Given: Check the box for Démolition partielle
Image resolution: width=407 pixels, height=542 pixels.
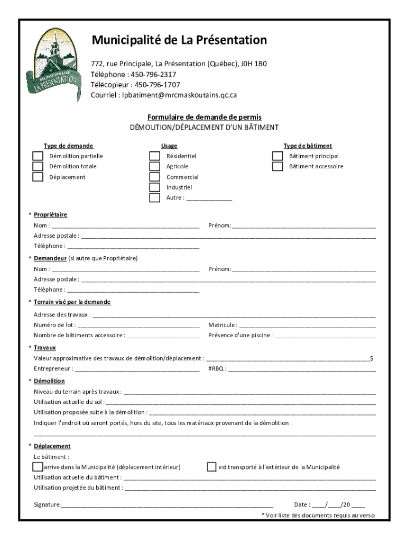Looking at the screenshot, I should [x=38, y=156].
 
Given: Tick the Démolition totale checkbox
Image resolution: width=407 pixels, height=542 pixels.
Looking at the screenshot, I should [x=38, y=166].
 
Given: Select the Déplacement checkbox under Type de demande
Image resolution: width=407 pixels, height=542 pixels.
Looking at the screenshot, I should [x=38, y=177].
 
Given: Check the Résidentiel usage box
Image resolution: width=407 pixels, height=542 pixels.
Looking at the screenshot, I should [x=154, y=156].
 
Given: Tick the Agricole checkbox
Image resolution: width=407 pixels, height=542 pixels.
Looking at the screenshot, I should [x=154, y=166].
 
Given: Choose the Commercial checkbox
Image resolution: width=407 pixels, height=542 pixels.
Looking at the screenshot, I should [x=154, y=177].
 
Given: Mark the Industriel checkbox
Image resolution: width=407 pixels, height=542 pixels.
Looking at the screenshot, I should [x=154, y=187].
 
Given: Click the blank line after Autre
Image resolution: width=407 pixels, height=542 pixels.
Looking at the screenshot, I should [x=209, y=198].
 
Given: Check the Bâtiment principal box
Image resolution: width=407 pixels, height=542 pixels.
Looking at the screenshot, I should [x=277, y=156].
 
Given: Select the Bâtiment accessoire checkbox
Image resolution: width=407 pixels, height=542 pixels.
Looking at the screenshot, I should [x=277, y=166].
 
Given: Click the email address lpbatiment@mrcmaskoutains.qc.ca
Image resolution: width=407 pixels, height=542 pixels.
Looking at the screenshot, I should [x=180, y=95].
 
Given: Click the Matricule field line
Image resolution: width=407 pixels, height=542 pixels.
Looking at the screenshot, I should [x=308, y=326].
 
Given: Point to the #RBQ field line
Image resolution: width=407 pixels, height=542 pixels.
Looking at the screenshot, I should [x=302, y=369].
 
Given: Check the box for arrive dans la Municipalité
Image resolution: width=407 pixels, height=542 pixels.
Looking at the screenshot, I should [x=38, y=467].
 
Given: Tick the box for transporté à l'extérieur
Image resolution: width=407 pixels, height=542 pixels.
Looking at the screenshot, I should [x=211, y=467].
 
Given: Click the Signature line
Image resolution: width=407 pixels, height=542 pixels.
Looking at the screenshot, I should [x=167, y=505].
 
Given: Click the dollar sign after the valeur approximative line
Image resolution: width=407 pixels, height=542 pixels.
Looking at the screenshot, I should [x=372, y=359].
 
